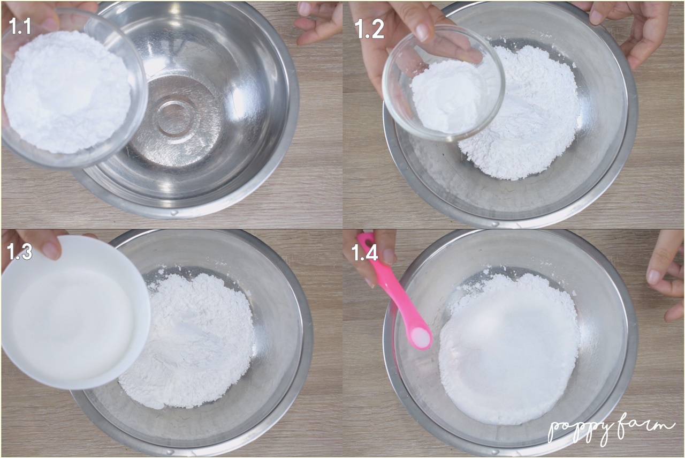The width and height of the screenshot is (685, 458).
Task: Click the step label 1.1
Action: [x=20, y=27]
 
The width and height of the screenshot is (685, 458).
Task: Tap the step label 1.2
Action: [x=369, y=31]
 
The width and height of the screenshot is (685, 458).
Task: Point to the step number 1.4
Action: [x=364, y=253]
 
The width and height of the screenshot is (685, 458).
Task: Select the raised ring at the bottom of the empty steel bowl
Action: [x=173, y=118]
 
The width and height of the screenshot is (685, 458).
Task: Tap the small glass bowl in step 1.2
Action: [x=443, y=82]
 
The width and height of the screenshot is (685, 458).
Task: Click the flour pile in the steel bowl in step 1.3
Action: [x=188, y=340]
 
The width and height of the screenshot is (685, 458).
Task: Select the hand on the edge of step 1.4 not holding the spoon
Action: [x=667, y=275]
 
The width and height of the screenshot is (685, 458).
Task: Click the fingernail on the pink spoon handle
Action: [x=389, y=256]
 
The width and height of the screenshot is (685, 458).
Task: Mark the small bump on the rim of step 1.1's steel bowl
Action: [x=174, y=212]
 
